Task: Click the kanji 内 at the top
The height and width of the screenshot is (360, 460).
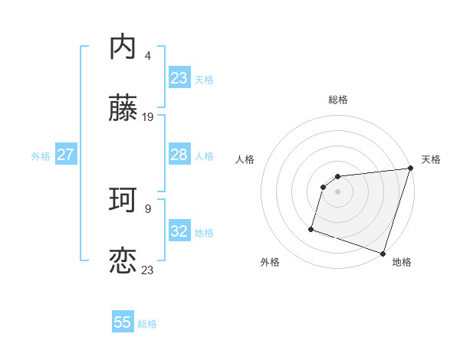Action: coord(123,47)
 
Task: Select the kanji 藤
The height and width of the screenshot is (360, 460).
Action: coord(123,110)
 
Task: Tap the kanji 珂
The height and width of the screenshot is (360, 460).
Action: coord(123,201)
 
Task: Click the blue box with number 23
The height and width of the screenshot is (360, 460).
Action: coord(179,78)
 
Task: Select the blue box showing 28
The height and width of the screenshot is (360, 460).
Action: coord(179,155)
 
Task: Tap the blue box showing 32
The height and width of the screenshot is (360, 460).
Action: coord(179,231)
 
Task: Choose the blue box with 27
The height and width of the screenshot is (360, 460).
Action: coord(65,155)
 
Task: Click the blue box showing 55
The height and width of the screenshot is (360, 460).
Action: coord(123,322)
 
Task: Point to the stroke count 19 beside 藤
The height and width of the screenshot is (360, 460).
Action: coord(148,117)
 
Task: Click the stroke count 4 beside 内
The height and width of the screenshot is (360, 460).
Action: coord(147,55)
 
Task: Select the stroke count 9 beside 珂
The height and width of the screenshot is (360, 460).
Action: coord(147,208)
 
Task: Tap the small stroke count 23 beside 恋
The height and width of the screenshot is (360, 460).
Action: coord(148,270)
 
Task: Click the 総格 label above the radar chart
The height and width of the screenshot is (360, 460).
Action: coord(338,100)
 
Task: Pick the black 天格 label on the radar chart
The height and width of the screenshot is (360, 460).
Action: coord(431,159)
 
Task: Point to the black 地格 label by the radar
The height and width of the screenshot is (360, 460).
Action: coord(402,262)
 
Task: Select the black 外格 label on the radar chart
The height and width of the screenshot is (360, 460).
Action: coord(270,262)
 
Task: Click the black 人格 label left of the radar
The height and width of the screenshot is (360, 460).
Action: coord(245,159)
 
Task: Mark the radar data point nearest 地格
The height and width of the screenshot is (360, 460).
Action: coord(383,253)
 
